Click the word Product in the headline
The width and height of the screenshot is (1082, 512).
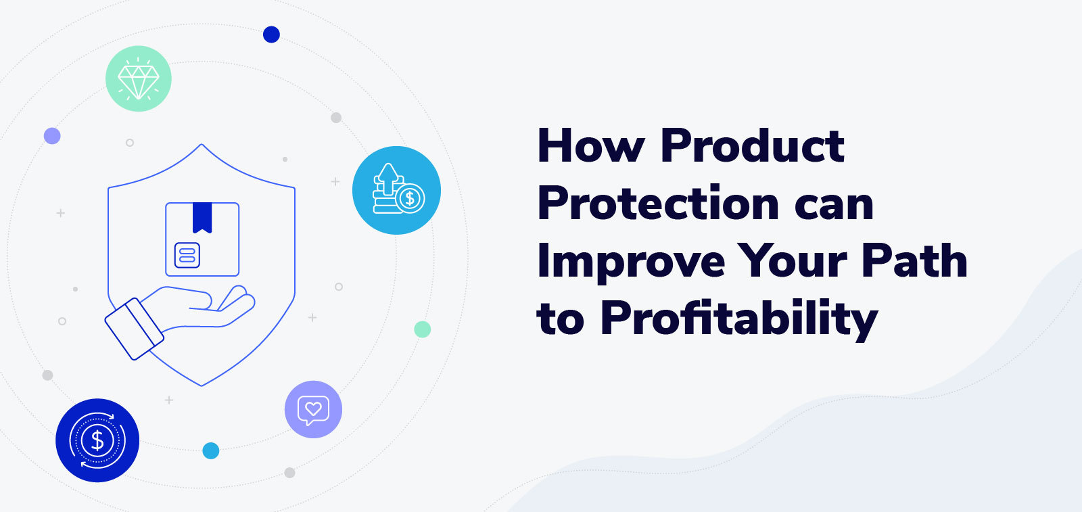(x=752, y=145)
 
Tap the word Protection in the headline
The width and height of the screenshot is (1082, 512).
(x=659, y=203)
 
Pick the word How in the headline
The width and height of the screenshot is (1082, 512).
(x=590, y=145)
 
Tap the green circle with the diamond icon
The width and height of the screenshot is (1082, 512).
(x=139, y=78)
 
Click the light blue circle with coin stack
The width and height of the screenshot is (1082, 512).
(x=396, y=190)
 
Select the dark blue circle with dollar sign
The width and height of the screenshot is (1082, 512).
(x=97, y=440)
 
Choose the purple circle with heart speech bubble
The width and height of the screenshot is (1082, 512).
(x=313, y=409)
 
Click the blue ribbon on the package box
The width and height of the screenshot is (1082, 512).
(x=202, y=216)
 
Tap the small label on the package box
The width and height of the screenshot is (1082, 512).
(x=187, y=255)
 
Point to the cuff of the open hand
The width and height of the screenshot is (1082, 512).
(x=134, y=329)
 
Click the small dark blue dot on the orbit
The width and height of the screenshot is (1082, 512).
(x=271, y=34)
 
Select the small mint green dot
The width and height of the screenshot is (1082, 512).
(x=422, y=329)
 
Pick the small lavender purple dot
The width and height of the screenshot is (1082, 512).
(x=52, y=136)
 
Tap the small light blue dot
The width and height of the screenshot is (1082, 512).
(x=211, y=450)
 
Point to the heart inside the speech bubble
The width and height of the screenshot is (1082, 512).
(x=312, y=408)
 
